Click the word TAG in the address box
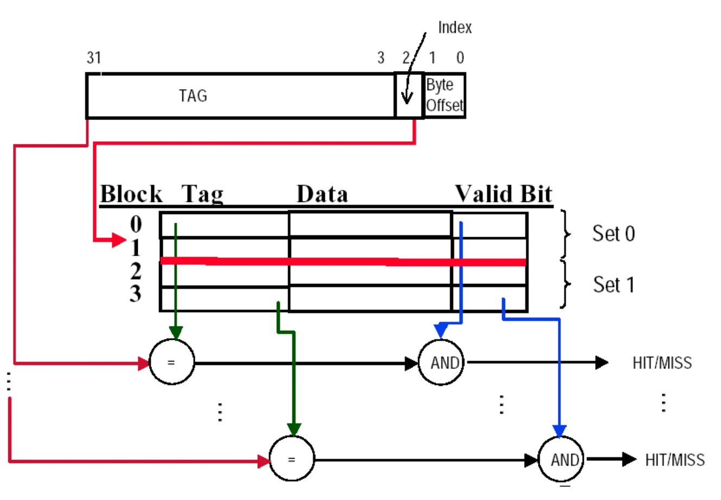point(193,96)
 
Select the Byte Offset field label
point(444,96)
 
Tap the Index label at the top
point(455,28)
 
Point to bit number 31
point(94,58)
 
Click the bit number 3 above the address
point(381,58)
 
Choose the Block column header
point(131,194)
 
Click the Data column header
point(322,194)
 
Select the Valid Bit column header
point(503,194)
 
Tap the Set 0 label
point(613,233)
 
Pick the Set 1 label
point(614,284)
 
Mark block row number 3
point(136,294)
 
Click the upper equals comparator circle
point(171,362)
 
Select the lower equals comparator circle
point(291,459)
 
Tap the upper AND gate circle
point(441,362)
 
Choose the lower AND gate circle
point(560,459)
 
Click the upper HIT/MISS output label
point(662,362)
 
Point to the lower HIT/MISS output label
point(675,460)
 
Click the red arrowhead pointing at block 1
point(119,239)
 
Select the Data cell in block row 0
point(370,224)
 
